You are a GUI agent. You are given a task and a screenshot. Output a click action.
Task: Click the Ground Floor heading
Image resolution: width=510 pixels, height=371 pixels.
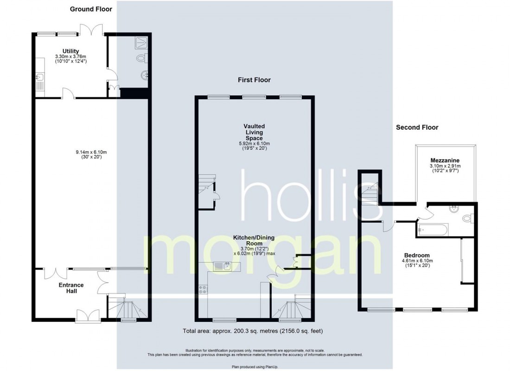pos(91,9)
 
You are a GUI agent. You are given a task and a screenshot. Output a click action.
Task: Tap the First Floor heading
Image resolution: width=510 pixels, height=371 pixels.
pos(254,80)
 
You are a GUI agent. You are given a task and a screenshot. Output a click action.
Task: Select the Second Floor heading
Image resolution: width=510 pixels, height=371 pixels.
pos(417,127)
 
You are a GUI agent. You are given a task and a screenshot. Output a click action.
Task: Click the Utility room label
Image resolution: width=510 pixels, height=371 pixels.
pos(70,51)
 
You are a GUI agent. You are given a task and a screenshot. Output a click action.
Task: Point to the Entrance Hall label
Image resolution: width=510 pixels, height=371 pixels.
pos(71,288)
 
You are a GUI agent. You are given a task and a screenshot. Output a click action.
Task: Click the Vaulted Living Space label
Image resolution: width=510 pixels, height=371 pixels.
pos(254,132)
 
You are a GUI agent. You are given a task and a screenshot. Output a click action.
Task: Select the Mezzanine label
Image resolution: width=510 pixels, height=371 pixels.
pos(445,160)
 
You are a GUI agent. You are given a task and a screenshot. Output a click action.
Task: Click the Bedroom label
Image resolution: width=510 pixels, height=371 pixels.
pos(417,255)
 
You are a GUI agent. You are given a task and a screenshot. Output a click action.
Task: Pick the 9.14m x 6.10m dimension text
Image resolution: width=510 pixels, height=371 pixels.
pos(91,152)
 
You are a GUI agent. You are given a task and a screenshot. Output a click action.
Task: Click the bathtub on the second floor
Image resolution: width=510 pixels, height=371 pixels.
pos(433,230)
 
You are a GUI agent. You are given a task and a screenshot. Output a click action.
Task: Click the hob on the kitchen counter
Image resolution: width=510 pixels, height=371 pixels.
pos(203,289)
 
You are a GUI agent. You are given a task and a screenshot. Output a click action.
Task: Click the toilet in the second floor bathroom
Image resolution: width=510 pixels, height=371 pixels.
pos(468,218)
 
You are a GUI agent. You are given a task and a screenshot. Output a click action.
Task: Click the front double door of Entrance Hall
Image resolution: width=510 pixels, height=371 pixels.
pos(88,315)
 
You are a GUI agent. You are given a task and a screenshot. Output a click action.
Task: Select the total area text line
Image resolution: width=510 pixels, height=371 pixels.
pos(253,331)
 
